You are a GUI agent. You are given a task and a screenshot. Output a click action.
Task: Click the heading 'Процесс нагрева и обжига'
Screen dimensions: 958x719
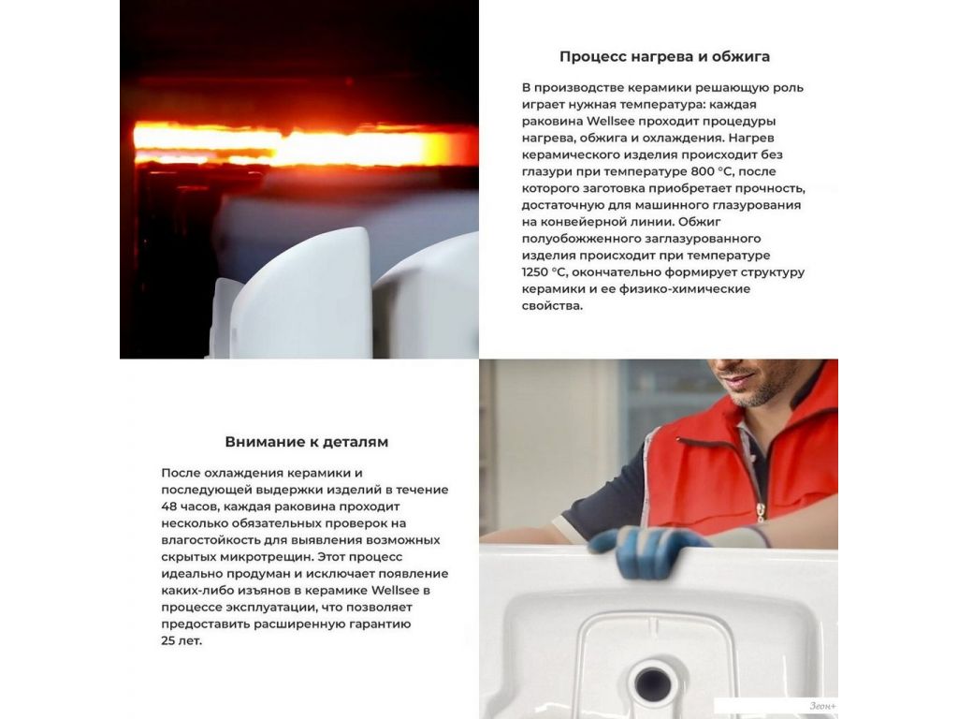pos(664,57)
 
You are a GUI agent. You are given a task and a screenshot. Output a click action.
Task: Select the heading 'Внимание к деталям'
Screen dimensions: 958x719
pos(306,442)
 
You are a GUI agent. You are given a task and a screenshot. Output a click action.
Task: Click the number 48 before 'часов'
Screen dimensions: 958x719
pos(168,506)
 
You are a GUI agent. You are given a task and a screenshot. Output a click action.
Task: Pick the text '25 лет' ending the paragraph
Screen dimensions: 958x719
pos(181,640)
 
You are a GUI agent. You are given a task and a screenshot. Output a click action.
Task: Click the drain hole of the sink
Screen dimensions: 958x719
pos(652,680)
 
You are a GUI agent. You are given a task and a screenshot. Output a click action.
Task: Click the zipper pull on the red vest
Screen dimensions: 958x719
pos(761,512)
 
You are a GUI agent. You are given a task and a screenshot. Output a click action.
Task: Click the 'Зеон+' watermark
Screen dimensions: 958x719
pos(822,706)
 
